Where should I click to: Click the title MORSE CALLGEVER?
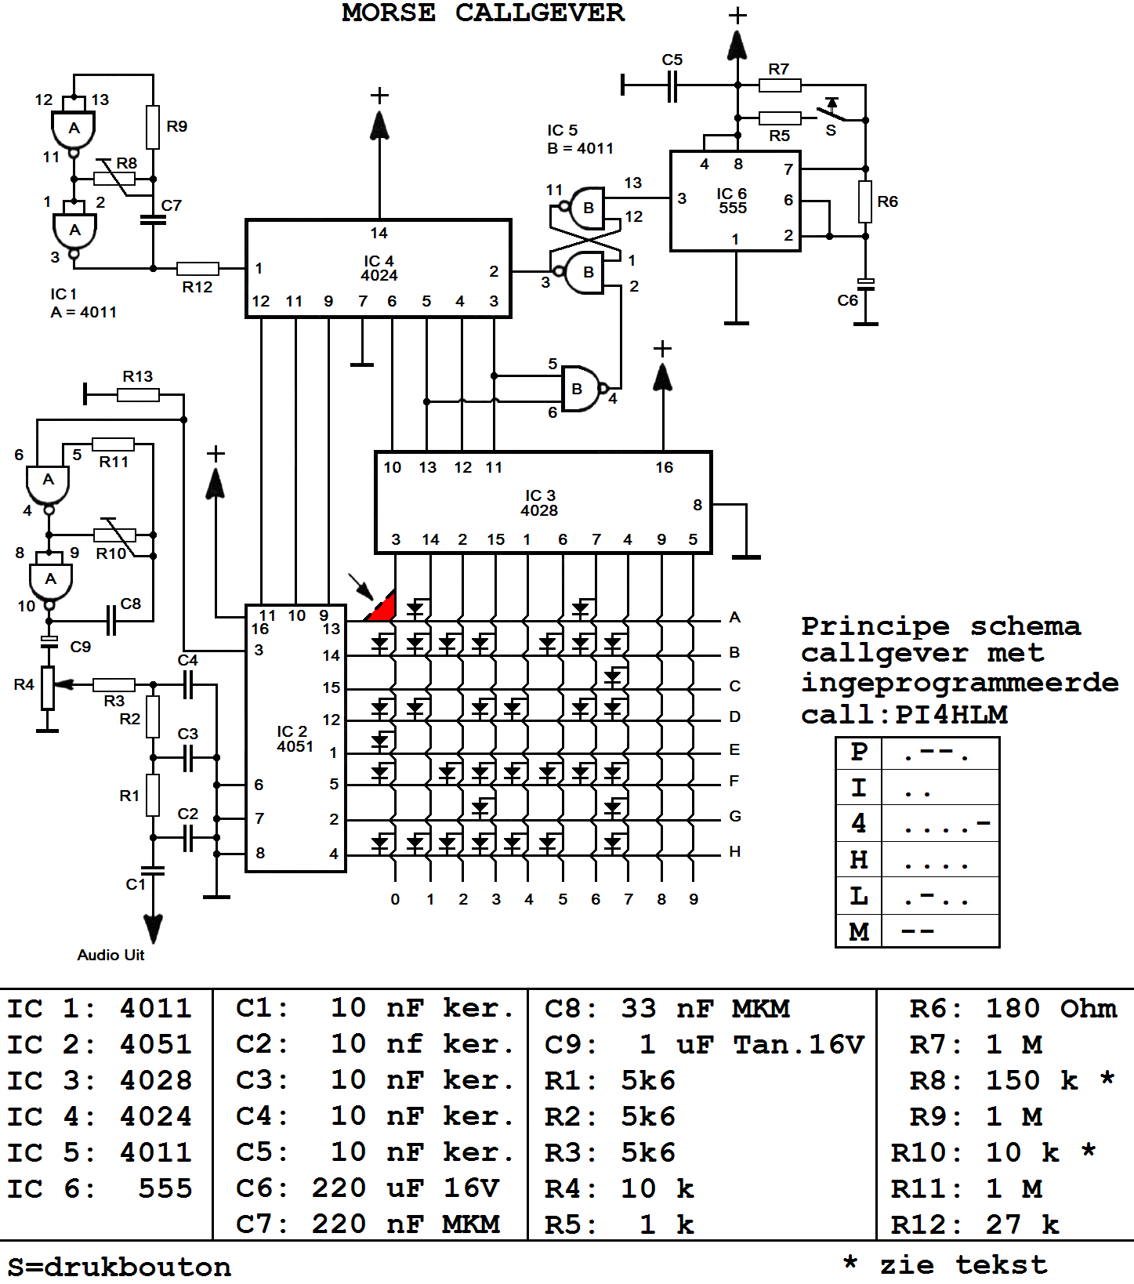pyautogui.click(x=483, y=13)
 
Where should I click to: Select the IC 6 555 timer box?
pyautogui.click(x=734, y=201)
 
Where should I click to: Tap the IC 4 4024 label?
pyautogui.click(x=379, y=268)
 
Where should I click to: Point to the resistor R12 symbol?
pyautogui.click(x=197, y=268)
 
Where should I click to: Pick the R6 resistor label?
pyautogui.click(x=887, y=201)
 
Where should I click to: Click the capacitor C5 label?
pyautogui.click(x=672, y=60)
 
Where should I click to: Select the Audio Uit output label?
pyautogui.click(x=111, y=955)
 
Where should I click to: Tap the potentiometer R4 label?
pyautogui.click(x=24, y=684)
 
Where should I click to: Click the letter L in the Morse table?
pyautogui.click(x=859, y=896)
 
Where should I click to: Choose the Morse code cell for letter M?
pyautogui.click(x=940, y=931)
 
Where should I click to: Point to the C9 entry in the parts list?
pyautogui.click(x=571, y=1044)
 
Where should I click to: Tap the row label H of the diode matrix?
pyautogui.click(x=734, y=851)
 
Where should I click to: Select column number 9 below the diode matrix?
pyautogui.click(x=694, y=899)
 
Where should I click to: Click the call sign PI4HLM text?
pyautogui.click(x=951, y=715)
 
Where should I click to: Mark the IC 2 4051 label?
pyautogui.click(x=295, y=739)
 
